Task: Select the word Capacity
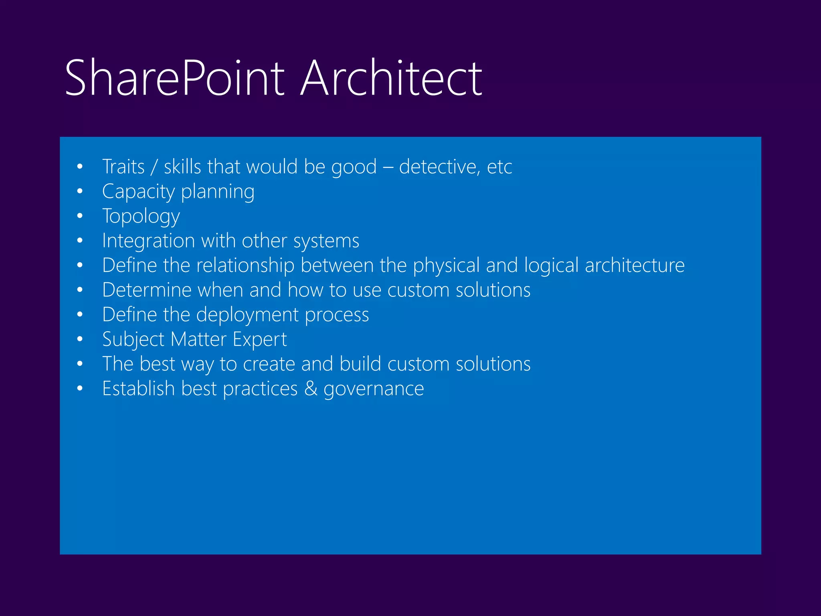coord(138,192)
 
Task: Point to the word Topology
coord(141,217)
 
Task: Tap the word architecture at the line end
coord(635,265)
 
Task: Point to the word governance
coord(374,389)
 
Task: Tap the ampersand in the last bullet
coord(311,389)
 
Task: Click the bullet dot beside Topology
coord(80,216)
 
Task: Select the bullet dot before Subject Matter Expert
coord(80,339)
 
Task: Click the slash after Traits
coord(154,167)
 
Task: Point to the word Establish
coord(138,389)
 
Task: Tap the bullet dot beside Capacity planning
coord(80,191)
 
